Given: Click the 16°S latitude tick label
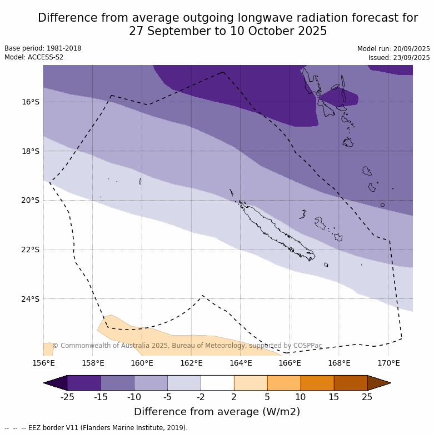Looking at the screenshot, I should coord(31,102).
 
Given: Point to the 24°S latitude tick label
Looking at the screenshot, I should coord(31,299).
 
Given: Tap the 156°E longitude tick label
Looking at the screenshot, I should coord(43,363).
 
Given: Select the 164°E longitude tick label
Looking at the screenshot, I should coord(241,363).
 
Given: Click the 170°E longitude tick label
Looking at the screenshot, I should coord(388,363).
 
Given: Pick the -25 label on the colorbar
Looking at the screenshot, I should coord(67,397).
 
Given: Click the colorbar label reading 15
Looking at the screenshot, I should coord(334,397).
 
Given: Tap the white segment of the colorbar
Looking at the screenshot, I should coord(217,383).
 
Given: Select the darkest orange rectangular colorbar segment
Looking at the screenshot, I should coord(351,383).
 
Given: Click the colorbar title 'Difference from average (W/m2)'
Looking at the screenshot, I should coord(217,412).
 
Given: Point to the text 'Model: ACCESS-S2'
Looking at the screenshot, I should coord(34,57).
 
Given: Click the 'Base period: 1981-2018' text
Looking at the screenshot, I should coord(43,48).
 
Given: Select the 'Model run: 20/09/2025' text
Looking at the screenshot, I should coord(393,49).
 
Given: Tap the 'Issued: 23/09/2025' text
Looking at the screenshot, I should coord(399,58).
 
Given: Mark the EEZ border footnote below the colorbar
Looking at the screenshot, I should coord(96,428).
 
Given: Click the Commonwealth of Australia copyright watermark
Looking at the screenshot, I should coord(187,346).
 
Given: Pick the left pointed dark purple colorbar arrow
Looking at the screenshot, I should coord(56,383).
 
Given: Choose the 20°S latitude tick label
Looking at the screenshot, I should coord(31,200).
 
